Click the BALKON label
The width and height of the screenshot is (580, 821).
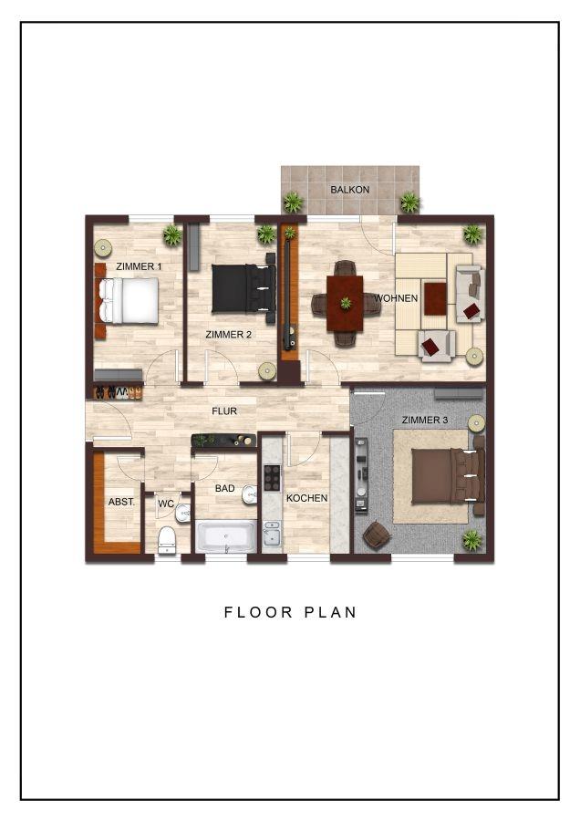point(349,190)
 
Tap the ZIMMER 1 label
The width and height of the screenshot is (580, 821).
point(139,266)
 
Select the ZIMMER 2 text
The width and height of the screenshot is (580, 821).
point(229,334)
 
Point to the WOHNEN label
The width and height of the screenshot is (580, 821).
point(396,298)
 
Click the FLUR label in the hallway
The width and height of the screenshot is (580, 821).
point(224,411)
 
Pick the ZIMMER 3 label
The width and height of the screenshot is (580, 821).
point(425,420)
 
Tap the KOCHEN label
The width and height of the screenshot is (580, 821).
point(306,498)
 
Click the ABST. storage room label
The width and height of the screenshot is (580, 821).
point(121,502)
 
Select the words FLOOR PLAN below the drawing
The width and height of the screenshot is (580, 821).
point(291,612)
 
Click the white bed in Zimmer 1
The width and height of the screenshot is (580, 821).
point(129,301)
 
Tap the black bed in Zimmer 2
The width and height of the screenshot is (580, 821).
point(243,288)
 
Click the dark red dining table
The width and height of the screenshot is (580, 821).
point(345,304)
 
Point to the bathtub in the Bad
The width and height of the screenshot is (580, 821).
point(226,535)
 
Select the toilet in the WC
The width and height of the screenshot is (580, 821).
point(167,540)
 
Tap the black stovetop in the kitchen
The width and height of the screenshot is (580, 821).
point(272,477)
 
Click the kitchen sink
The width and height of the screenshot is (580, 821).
point(272,534)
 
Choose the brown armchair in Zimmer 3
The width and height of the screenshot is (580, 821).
point(377,535)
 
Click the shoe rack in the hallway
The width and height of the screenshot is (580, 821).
point(118,392)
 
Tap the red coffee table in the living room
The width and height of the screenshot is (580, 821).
point(435,298)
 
